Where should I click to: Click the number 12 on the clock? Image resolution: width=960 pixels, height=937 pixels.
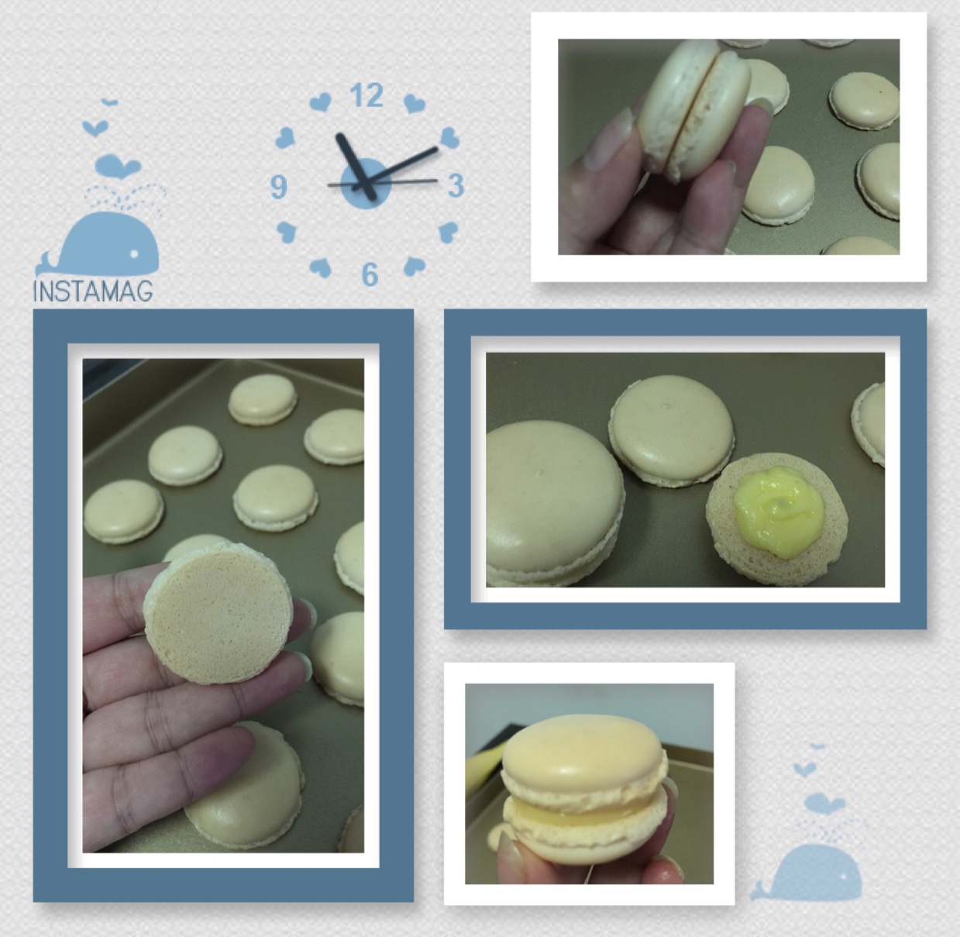click(366, 95)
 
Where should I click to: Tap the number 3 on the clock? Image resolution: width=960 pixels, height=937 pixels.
click(456, 185)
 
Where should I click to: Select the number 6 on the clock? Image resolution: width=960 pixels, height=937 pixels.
click(370, 274)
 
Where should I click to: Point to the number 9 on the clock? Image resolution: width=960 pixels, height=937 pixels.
click(279, 187)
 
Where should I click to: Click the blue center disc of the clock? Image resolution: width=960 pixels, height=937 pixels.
click(366, 184)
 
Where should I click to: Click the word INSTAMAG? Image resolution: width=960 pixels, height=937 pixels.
click(93, 291)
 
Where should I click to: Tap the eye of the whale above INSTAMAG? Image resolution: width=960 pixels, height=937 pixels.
click(134, 255)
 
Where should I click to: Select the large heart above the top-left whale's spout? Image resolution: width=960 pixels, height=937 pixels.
click(118, 166)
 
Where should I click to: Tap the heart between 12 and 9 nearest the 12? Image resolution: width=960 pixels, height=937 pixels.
click(320, 102)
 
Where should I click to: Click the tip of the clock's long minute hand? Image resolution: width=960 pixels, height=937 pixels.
click(436, 148)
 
